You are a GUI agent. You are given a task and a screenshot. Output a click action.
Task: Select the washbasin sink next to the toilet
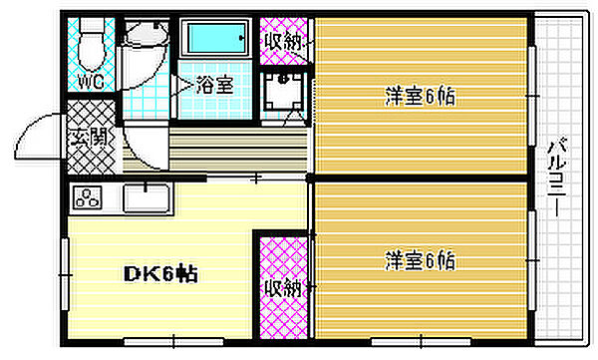144,37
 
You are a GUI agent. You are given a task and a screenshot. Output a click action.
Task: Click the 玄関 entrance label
86,137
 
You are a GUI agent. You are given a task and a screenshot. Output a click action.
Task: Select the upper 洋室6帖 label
419,97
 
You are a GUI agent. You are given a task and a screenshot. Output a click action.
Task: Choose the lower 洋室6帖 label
419,262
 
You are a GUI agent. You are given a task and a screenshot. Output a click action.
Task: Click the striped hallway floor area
229,150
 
